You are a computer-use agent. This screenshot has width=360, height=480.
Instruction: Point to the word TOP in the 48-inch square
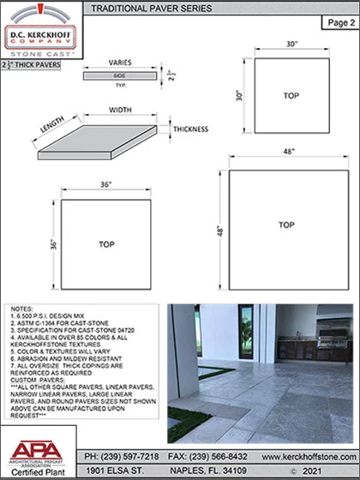point(285,225)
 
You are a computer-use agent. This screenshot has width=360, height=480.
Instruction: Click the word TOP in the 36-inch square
point(106,244)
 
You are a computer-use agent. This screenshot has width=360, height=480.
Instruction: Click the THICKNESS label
point(193,129)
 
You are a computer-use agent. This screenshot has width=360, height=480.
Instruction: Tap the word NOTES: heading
point(22,307)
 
